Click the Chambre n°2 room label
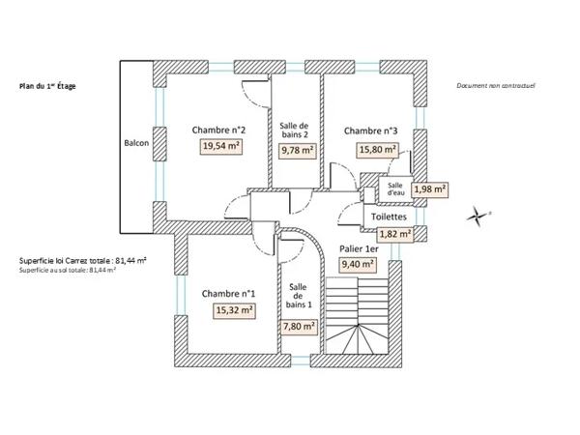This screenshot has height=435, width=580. click(218, 130)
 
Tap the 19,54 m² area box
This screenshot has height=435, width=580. click(221, 146)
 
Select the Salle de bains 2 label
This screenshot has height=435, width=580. click(295, 130)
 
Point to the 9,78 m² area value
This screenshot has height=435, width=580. click(298, 150)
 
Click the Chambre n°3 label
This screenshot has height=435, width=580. click(370, 130)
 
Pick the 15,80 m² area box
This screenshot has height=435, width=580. click(377, 150)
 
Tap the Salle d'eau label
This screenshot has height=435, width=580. click(395, 189)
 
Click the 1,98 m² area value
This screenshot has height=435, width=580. click(430, 189)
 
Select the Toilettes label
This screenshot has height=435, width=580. click(389, 217)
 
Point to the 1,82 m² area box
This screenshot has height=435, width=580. click(395, 234)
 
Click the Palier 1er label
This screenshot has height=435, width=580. click(359, 249)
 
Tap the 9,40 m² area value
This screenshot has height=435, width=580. click(358, 264)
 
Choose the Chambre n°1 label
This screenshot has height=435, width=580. click(228, 294)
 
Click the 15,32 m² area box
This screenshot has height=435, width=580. click(234, 310)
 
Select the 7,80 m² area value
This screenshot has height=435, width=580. click(300, 327)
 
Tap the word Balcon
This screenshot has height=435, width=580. click(136, 143)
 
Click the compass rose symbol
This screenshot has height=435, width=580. click(477, 217)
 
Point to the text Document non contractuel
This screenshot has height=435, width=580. click(496, 86)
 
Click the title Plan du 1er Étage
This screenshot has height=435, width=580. click(47, 87)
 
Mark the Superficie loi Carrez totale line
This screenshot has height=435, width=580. click(83, 261)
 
